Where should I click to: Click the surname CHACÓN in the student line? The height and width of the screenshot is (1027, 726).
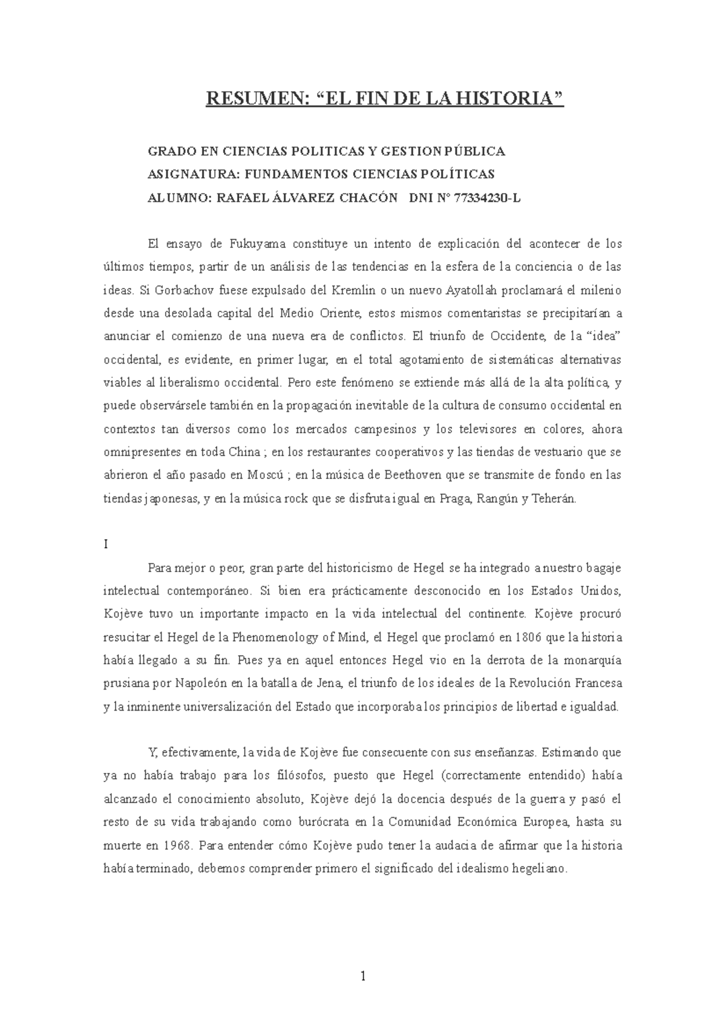pos(369,198)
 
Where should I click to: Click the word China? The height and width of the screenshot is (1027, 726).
pos(246,452)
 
